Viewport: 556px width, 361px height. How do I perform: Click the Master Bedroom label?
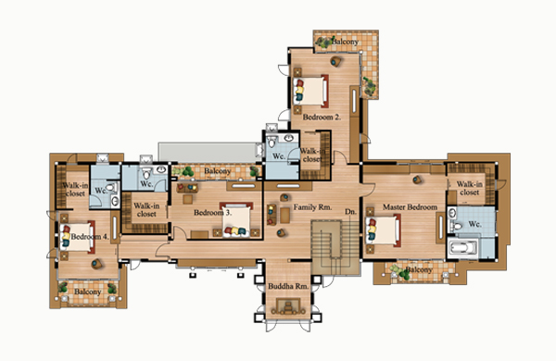click(410, 207)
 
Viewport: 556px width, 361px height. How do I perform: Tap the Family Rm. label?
click(312, 207)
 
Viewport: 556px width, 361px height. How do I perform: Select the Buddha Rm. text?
click(288, 286)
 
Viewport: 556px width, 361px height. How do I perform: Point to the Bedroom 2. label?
click(322, 117)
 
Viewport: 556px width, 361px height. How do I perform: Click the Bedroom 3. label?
click(213, 213)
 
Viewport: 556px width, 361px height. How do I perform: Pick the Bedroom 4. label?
click(90, 236)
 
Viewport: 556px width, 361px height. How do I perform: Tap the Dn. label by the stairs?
click(350, 211)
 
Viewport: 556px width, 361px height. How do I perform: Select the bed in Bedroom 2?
click(310, 91)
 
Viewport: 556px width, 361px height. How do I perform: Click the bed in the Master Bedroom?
click(383, 230)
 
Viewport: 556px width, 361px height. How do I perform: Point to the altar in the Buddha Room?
click(288, 306)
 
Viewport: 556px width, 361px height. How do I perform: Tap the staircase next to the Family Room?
click(335, 247)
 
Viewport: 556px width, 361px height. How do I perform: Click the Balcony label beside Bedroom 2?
click(345, 42)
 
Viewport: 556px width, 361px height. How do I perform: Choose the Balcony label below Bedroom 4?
click(88, 292)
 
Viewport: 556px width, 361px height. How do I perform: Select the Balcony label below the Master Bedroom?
click(419, 270)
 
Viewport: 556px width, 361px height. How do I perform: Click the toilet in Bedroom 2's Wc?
click(272, 142)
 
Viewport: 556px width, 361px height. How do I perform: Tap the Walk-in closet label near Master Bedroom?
click(469, 188)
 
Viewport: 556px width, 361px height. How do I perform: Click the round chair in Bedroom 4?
click(96, 264)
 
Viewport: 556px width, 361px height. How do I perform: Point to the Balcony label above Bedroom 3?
click(218, 171)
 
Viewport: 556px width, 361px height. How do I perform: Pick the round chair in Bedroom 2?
click(335, 62)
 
